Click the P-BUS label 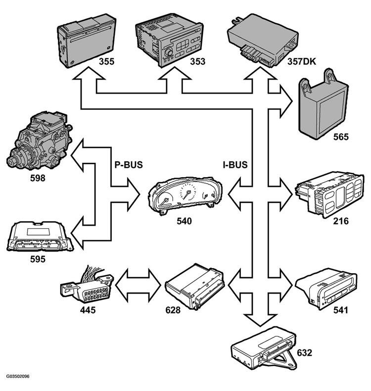(129, 165)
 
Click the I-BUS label (235, 165)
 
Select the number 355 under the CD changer (106, 61)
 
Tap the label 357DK (301, 61)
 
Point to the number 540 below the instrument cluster (184, 221)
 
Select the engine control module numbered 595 (40, 236)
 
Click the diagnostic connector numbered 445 (87, 285)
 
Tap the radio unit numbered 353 (169, 40)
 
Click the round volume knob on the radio (169, 52)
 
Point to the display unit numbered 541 (326, 288)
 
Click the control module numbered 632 (264, 348)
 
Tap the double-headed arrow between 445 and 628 (139, 285)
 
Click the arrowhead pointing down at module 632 (260, 320)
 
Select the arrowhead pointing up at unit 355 (89, 73)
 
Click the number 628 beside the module (173, 310)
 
